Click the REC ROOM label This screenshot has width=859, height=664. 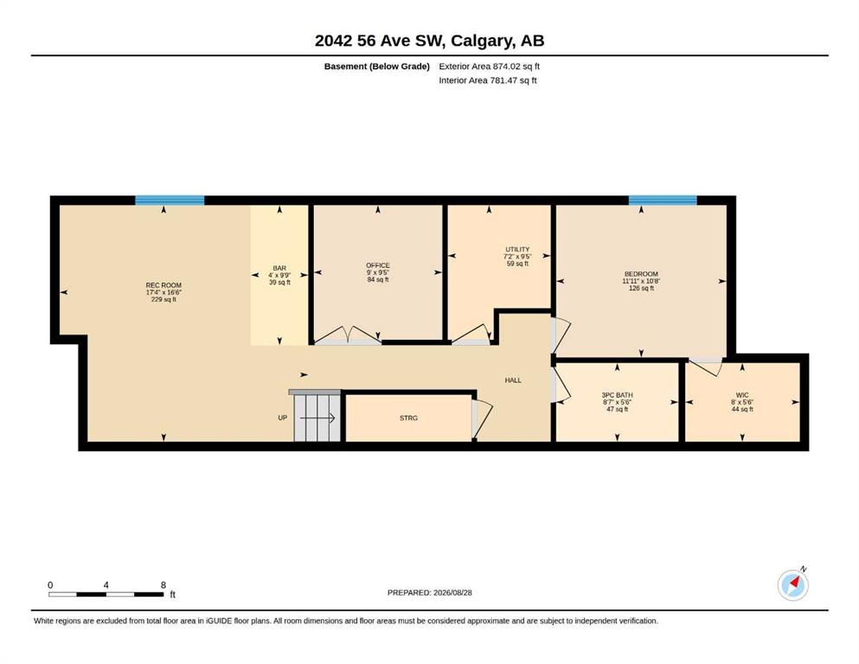coord(163,285)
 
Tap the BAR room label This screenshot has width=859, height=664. coord(279,268)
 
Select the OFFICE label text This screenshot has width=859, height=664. coord(378,265)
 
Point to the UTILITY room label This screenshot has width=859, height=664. coord(517,249)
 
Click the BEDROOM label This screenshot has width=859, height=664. coord(641,274)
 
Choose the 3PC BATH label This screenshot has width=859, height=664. coord(618,394)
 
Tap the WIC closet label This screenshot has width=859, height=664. coord(742,394)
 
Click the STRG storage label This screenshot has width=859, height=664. coord(408,418)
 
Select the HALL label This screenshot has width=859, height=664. coord(513,380)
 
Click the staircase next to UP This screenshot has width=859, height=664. coord(317,418)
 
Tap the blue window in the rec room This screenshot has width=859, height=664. coord(170,201)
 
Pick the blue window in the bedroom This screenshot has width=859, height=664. coord(663,201)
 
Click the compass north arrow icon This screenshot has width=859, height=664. coord(793,584)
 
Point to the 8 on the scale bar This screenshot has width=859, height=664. coord(163,584)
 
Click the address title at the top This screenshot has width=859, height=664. coord(429,41)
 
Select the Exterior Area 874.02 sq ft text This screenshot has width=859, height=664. coord(490,67)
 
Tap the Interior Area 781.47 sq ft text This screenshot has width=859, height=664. coord(488,80)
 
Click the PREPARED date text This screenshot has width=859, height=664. coord(429,592)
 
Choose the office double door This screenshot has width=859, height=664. coord(348,335)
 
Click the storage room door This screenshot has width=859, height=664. coord(482,418)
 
